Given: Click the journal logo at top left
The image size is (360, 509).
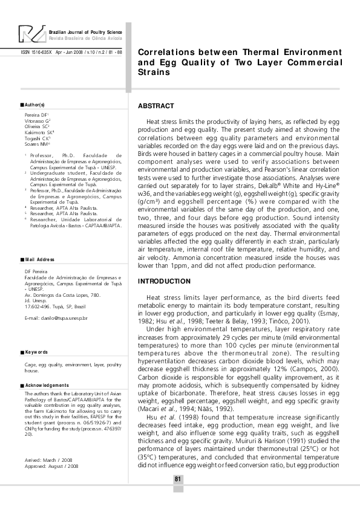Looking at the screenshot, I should point(31,34).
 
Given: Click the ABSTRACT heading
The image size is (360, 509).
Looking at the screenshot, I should point(156,106).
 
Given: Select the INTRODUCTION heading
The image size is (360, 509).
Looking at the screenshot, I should point(164,282).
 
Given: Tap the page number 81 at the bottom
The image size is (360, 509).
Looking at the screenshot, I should point(178,479).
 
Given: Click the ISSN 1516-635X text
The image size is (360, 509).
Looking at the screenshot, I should point(36,52).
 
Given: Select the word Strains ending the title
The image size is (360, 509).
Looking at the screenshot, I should point(154,72).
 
